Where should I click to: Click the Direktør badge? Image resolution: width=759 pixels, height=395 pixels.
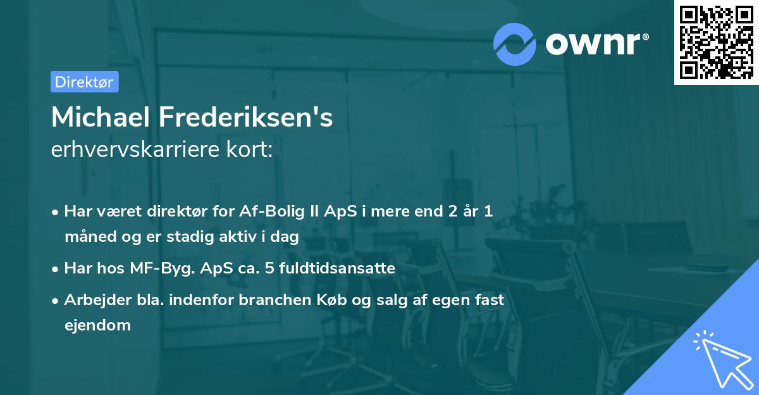click(84, 82)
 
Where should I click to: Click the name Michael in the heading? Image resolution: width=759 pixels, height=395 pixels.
click(100, 117)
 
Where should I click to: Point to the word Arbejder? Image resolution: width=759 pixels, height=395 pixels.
click(92, 300)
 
